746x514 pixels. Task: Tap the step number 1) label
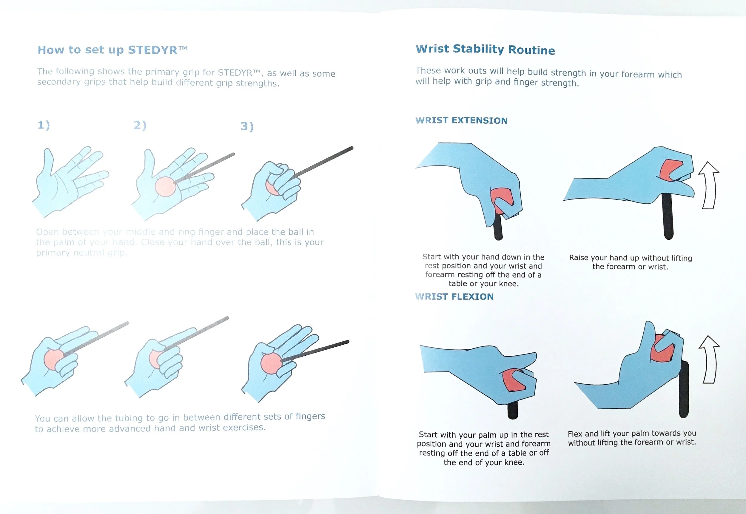(x=44, y=125)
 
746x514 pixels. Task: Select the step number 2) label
(x=140, y=125)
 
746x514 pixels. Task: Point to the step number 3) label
(x=247, y=126)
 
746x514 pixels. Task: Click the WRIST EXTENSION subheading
(x=461, y=120)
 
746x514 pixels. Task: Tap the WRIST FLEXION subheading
(x=454, y=296)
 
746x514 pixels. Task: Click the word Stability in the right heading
(x=478, y=49)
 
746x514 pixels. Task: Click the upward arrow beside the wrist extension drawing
(x=708, y=185)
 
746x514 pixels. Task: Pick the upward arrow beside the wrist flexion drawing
(x=709, y=359)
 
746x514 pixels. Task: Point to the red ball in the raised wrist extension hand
(x=670, y=170)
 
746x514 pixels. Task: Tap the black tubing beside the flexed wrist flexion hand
(x=684, y=390)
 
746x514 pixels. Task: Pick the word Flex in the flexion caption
(x=575, y=434)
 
